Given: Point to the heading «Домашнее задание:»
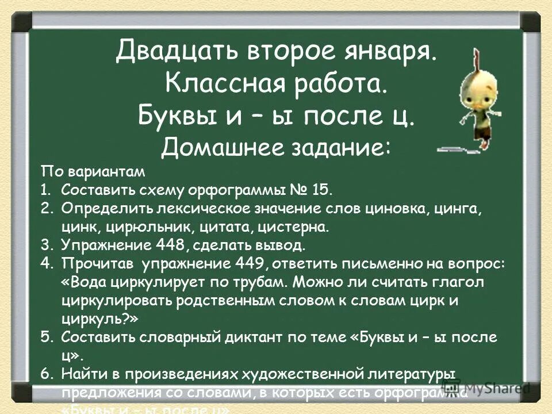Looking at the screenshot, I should tap(276, 148).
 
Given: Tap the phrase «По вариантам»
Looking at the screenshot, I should tap(93, 171).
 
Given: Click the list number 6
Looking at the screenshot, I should tap(47, 373).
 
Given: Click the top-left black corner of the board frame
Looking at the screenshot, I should tap(22, 22).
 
